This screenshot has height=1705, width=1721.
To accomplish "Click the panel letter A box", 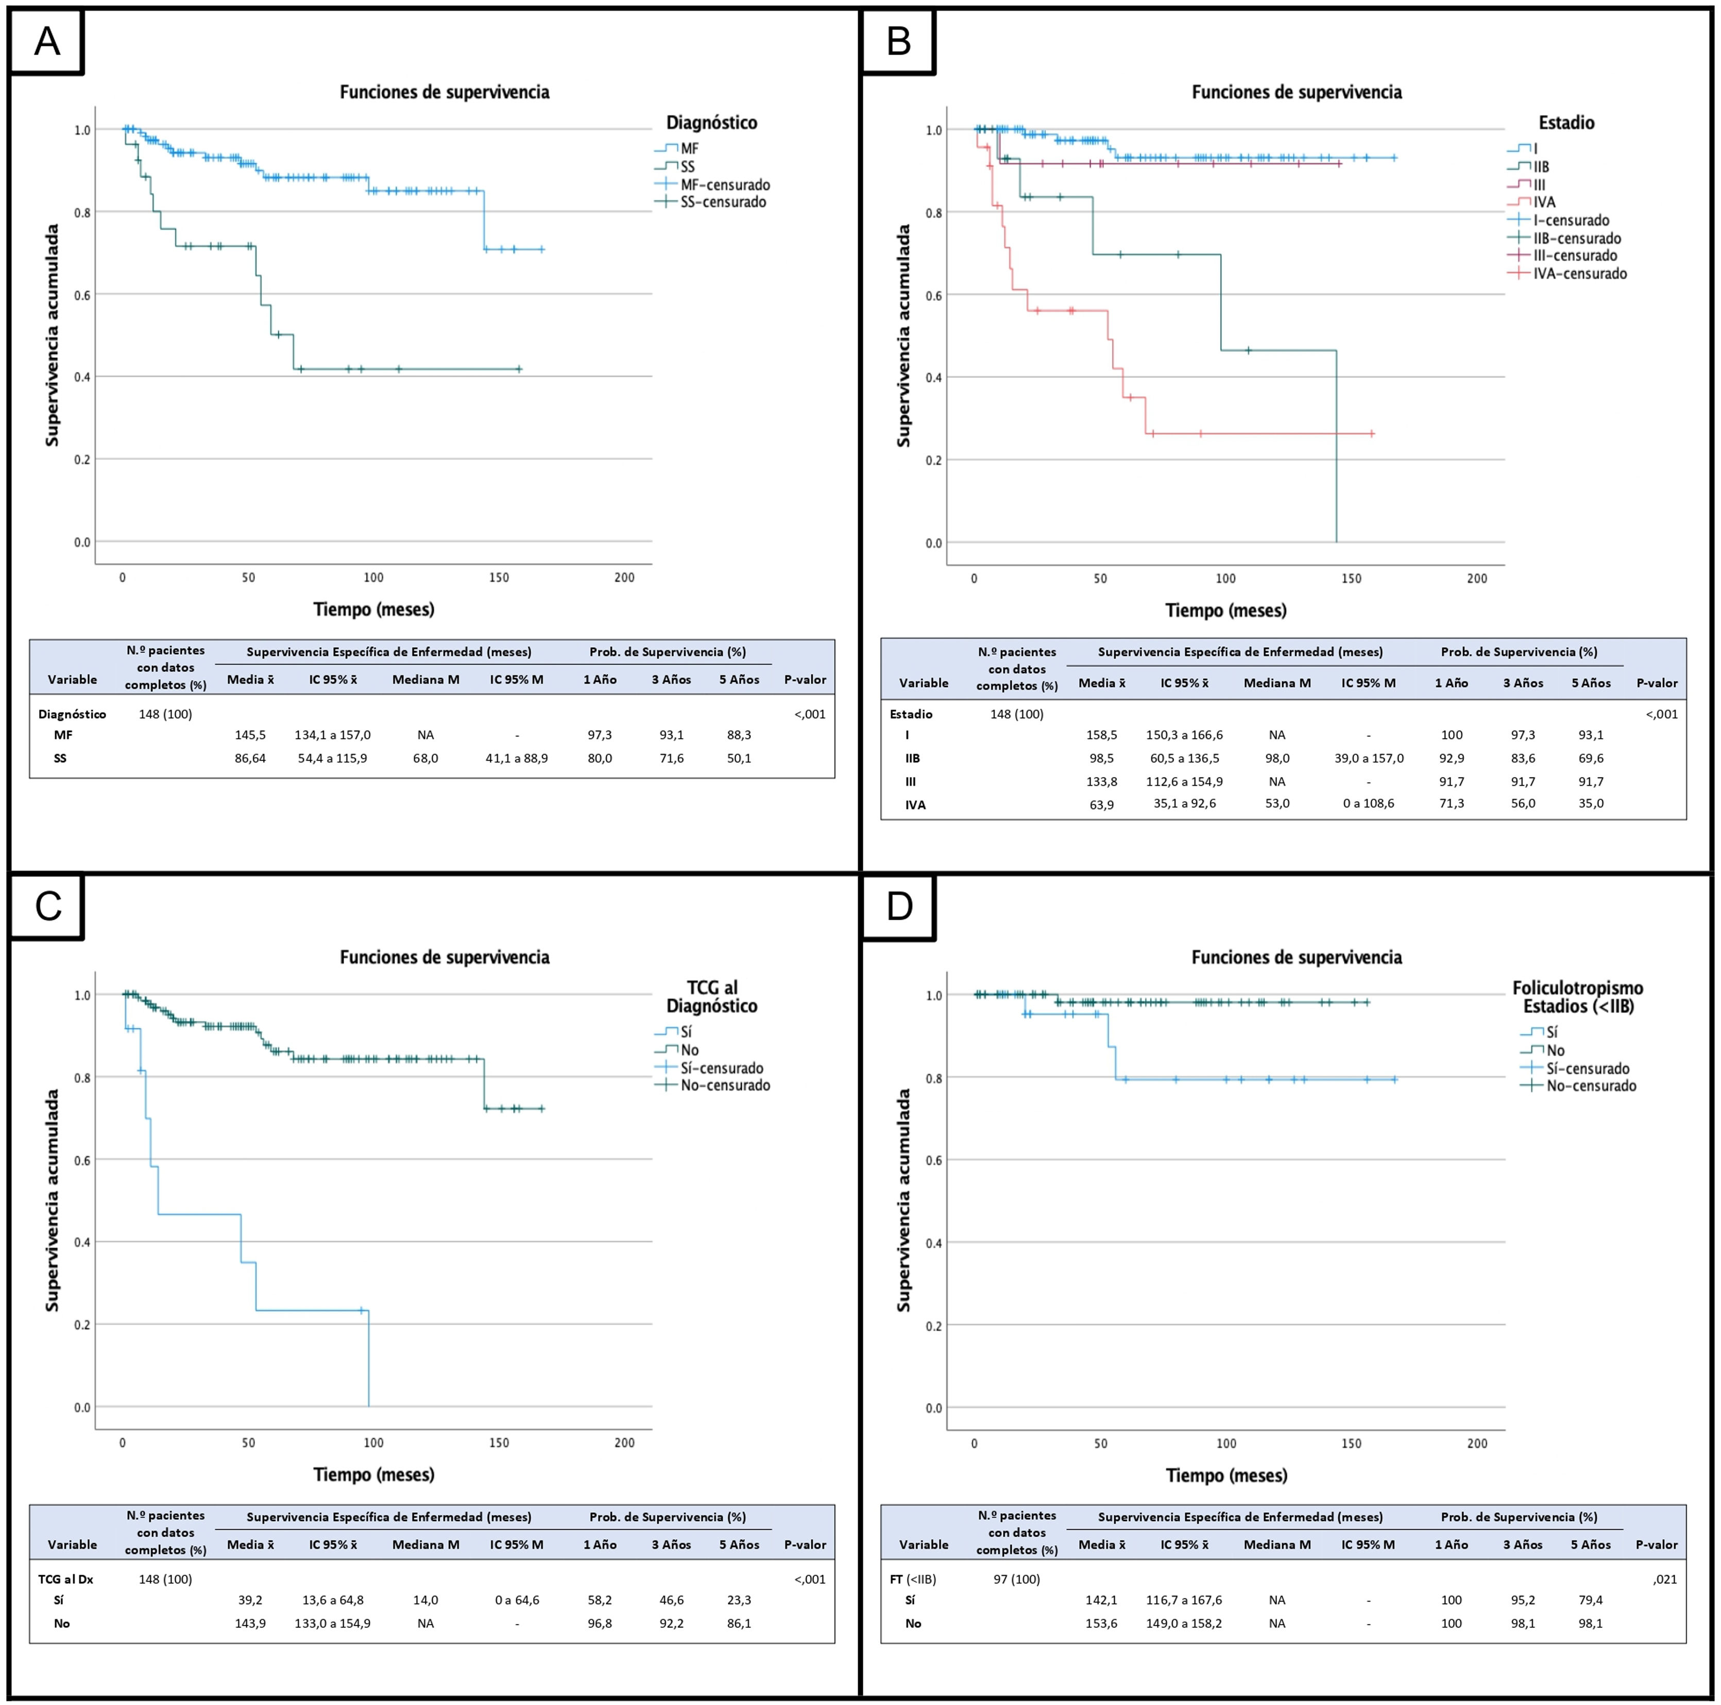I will tap(46, 42).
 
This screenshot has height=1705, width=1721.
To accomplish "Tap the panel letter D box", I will tap(899, 906).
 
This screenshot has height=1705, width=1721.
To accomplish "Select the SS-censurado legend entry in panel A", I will tap(722, 202).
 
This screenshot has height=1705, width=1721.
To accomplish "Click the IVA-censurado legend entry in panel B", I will tap(1579, 273).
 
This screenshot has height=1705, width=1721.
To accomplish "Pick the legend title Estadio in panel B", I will tap(1566, 123).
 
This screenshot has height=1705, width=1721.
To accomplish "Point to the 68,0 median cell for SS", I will tap(425, 759).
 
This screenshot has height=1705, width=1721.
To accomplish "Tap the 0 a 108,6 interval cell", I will tap(1367, 804).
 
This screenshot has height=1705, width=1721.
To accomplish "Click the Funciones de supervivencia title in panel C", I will tap(445, 958).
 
